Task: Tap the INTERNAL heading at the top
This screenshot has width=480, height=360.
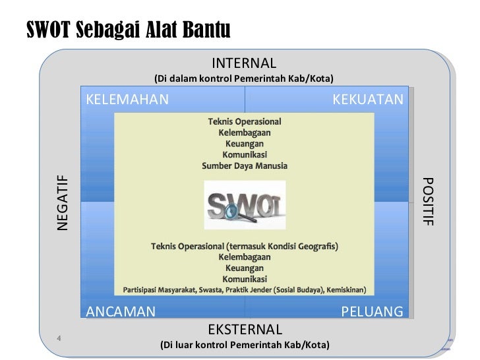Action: [x=245, y=63]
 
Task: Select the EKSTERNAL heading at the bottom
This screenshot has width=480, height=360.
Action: [x=245, y=329]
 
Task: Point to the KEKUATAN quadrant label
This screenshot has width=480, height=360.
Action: [x=367, y=99]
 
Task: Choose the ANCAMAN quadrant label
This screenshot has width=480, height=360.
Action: [x=121, y=311]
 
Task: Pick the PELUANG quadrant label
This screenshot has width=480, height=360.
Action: [x=371, y=311]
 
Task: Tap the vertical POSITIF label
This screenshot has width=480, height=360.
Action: [x=428, y=202]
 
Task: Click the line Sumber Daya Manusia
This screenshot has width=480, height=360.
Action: [x=245, y=165]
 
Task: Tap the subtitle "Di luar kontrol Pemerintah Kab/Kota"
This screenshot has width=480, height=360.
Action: [x=245, y=345]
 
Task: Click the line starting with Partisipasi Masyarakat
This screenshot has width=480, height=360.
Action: [x=245, y=290]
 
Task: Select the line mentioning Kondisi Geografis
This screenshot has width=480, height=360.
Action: [x=245, y=247]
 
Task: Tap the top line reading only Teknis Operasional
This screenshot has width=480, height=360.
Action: [x=245, y=122]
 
